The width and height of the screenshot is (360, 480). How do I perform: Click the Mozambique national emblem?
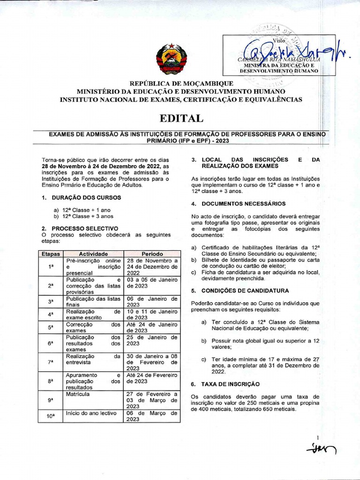tap(171, 59)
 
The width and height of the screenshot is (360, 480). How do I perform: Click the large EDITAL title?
tap(180, 118)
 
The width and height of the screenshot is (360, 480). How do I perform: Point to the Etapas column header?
tap(51, 254)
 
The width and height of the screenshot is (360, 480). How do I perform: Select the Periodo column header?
tap(152, 254)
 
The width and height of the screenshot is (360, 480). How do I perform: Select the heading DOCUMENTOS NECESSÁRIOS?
tap(243, 204)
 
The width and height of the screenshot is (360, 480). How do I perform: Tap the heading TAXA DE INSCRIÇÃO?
tap(230, 384)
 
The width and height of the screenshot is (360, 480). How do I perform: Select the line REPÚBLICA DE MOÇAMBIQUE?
tap(180, 83)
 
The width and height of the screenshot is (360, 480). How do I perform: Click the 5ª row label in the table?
tap(51, 327)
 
